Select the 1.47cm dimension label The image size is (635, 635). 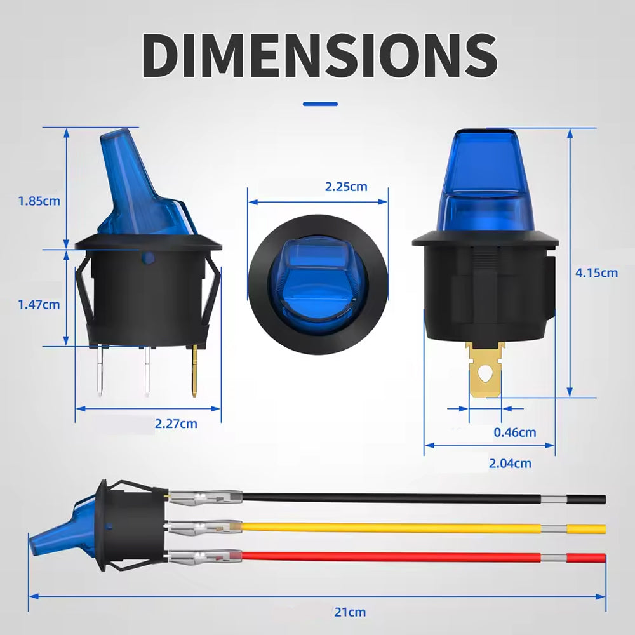click(39, 304)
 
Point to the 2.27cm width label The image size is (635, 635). click(176, 423)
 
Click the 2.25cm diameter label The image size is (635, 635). click(346, 187)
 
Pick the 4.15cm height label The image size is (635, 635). click(596, 272)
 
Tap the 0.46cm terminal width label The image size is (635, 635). click(514, 432)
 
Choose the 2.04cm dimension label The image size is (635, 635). click(510, 463)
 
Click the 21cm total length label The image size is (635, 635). click(350, 612)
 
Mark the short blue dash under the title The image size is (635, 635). click(320, 104)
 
